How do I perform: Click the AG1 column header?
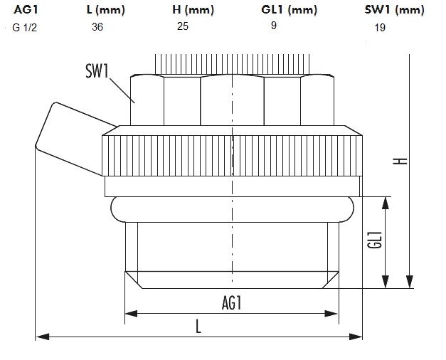click(x=24, y=9)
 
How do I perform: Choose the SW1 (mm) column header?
click(x=394, y=9)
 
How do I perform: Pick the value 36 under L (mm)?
click(x=97, y=26)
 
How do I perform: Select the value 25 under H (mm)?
click(x=183, y=26)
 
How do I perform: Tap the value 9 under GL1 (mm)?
click(x=274, y=26)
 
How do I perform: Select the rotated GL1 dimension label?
click(x=376, y=240)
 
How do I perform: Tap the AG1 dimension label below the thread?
click(x=232, y=303)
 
